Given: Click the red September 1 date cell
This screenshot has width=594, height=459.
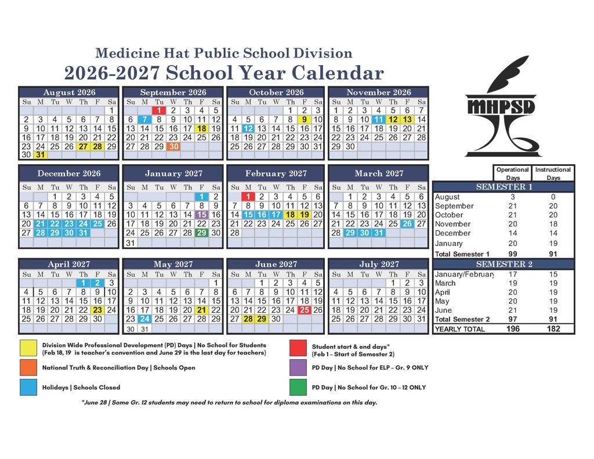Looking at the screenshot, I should click(159, 110).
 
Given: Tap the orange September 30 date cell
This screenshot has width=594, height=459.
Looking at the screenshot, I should click(173, 147).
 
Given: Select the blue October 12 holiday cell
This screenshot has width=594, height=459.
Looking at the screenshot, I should click(248, 129).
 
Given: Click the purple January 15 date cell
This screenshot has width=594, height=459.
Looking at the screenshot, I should click(201, 215).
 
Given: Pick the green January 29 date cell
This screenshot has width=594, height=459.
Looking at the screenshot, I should click(201, 233).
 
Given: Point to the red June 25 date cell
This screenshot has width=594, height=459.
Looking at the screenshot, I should click(305, 310).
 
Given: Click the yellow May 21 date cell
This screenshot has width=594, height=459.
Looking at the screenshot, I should click(201, 310).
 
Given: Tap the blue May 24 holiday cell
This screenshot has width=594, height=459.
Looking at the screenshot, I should click(145, 319).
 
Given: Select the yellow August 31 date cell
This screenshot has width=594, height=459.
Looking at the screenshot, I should click(40, 156).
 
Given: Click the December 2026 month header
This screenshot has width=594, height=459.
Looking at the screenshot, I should click(68, 174).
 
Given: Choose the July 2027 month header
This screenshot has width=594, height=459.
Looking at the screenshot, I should click(378, 265).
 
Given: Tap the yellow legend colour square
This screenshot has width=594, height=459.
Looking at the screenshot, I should click(28, 348).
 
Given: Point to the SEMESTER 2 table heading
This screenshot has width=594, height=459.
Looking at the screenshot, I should click(504, 264).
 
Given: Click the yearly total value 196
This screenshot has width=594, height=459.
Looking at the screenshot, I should click(512, 328).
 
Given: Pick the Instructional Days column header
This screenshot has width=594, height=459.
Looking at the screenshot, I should click(553, 174).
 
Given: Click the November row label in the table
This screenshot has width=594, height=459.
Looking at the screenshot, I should click(453, 224).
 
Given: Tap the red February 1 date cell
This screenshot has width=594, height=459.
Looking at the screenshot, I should click(248, 197).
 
